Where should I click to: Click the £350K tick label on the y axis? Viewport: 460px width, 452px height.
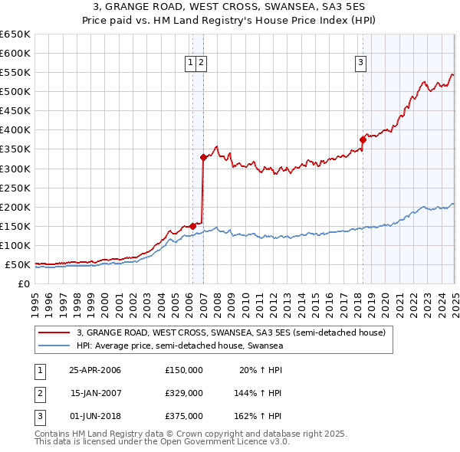pos(15,149)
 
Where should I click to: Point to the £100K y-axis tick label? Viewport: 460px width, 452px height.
pos(15,245)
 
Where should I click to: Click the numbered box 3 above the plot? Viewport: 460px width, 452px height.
pos(360,64)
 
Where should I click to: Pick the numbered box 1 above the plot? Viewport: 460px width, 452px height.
pos(189,64)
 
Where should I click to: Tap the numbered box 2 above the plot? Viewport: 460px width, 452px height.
pos(201,64)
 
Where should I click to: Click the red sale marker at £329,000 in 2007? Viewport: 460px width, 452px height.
pos(203,157)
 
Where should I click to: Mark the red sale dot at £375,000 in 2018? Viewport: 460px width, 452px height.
pos(363,139)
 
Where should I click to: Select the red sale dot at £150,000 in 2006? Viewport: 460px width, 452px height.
pos(192,226)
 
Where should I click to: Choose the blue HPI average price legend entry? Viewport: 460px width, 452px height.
pos(179,346)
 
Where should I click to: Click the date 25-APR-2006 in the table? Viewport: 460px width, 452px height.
pos(95,370)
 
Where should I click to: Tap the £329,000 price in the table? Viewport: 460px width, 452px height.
pos(184,393)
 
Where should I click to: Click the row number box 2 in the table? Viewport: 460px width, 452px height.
pos(39,393)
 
